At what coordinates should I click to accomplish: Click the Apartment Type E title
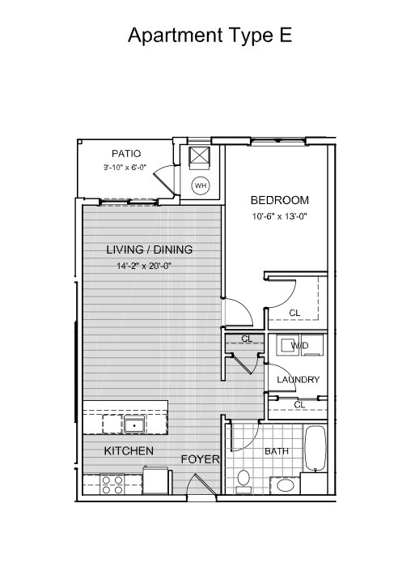[210, 36]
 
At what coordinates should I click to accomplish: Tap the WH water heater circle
[201, 186]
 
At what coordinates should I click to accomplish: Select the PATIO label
[126, 154]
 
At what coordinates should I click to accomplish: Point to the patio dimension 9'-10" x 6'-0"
[125, 167]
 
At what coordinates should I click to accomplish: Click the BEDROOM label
[279, 200]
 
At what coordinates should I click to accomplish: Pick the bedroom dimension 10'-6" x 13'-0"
[280, 216]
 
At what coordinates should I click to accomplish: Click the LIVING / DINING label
[149, 250]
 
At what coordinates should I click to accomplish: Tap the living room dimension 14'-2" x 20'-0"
[144, 266]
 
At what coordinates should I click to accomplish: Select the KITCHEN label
[129, 451]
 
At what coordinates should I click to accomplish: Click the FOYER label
[200, 459]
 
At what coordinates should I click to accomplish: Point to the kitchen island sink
[134, 424]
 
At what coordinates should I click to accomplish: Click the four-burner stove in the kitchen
[112, 484]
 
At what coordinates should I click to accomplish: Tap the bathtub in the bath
[315, 448]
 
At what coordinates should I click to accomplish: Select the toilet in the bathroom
[243, 481]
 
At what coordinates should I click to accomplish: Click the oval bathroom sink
[286, 485]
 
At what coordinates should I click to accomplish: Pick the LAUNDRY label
[298, 380]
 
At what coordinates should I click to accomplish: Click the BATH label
[277, 451]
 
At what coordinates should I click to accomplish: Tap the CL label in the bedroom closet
[294, 313]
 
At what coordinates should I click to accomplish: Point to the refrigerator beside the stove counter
[156, 480]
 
